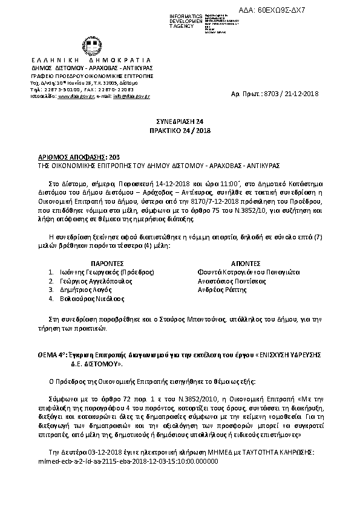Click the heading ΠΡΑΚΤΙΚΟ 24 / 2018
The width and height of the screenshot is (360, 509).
[180, 130]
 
